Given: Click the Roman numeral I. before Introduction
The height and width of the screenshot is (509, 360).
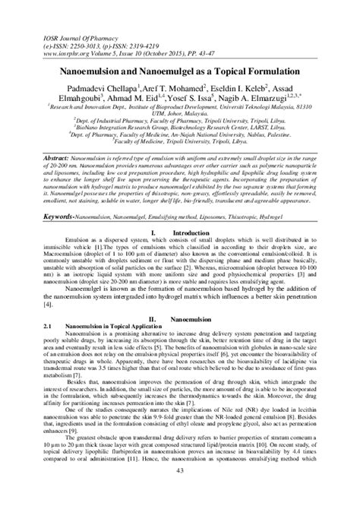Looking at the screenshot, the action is click(x=154, y=210).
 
